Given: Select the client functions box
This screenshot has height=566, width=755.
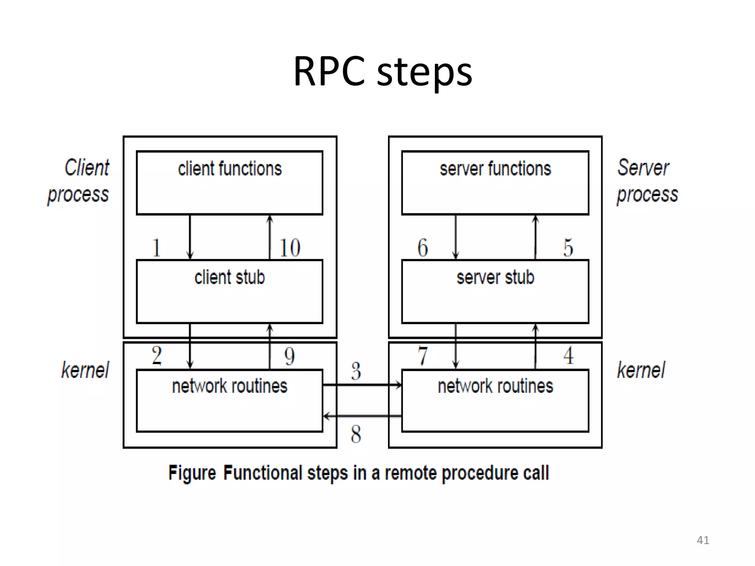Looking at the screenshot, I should (x=229, y=182).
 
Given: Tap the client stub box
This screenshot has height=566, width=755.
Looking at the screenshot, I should (x=229, y=291).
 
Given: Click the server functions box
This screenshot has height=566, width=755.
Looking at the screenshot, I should (x=495, y=182).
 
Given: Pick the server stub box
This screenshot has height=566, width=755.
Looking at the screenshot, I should (x=495, y=291).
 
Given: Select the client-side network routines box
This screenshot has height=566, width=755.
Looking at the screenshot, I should (x=229, y=400).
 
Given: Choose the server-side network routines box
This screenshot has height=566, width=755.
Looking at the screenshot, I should (x=495, y=400).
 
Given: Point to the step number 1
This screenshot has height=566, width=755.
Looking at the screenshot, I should (x=156, y=248).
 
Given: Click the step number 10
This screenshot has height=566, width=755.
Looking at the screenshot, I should (x=290, y=248).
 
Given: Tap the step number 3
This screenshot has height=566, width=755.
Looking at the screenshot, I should (x=356, y=371).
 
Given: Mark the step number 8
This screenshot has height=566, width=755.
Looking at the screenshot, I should (x=356, y=434).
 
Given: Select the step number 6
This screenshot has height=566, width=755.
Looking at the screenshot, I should (x=422, y=248).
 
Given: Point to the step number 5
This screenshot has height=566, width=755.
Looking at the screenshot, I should (x=568, y=248).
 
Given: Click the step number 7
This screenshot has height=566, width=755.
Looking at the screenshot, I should (x=422, y=356).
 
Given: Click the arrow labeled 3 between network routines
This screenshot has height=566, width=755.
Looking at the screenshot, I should (x=362, y=385).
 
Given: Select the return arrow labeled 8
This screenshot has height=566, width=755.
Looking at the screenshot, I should (x=362, y=416).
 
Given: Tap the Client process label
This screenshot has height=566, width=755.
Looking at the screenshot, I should (x=79, y=181).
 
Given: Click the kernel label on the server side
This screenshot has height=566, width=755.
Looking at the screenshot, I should (x=641, y=370).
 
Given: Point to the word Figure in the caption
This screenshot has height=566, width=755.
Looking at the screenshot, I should (x=192, y=473).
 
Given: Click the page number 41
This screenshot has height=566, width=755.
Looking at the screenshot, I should (x=703, y=540).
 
